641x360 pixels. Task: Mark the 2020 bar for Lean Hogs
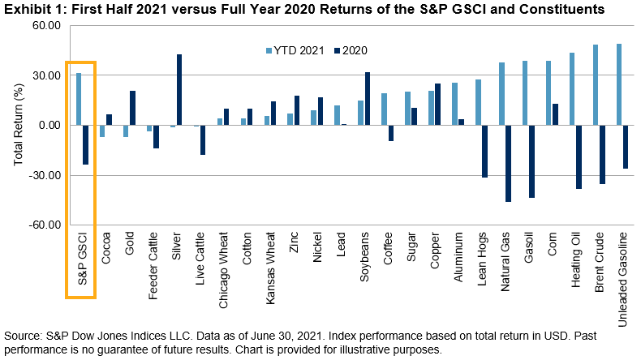tap(484, 152)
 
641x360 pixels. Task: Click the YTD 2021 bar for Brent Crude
tap(595, 85)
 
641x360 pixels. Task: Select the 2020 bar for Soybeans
tap(367, 99)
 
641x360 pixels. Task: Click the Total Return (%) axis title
tap(18, 125)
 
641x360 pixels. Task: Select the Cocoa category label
tap(107, 248)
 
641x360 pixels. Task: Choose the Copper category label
tap(434, 251)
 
